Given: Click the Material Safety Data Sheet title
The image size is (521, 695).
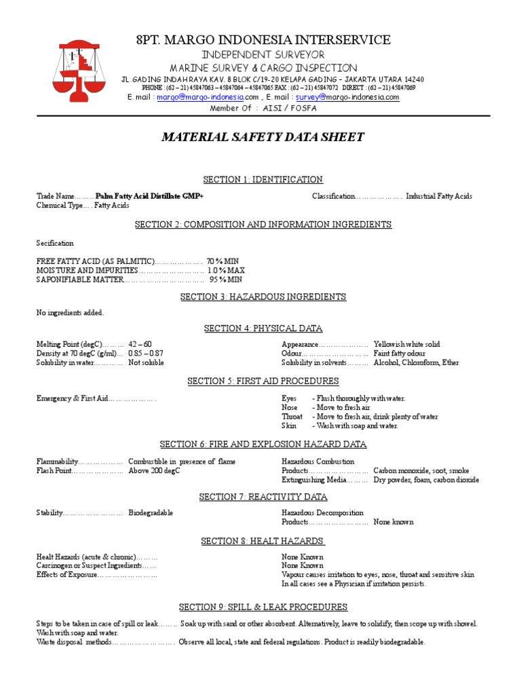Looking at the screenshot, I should [x=263, y=138].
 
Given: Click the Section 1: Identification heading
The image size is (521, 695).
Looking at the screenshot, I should [x=263, y=179].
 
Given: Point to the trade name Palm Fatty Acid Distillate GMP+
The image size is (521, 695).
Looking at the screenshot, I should [x=149, y=196].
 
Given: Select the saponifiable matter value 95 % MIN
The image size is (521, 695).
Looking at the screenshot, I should [x=225, y=279].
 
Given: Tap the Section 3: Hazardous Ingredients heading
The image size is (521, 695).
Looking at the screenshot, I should [x=263, y=297].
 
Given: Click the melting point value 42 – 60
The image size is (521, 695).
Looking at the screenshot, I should [x=140, y=345].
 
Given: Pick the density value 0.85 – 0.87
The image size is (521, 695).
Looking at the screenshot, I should [x=145, y=354].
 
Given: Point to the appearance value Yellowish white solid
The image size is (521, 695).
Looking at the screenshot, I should [x=406, y=345].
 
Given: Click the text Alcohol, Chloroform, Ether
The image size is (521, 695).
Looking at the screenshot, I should [x=416, y=362].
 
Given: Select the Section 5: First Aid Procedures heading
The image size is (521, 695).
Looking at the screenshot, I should [x=263, y=381].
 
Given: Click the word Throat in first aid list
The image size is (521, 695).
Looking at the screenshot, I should [x=292, y=417].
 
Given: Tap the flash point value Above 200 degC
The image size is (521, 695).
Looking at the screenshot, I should [x=154, y=470].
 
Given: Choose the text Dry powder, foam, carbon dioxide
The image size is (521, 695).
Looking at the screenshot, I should [x=425, y=479].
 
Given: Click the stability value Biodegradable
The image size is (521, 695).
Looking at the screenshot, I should [x=151, y=513].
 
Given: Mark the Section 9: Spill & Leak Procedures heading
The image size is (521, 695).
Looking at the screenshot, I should [x=263, y=607].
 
